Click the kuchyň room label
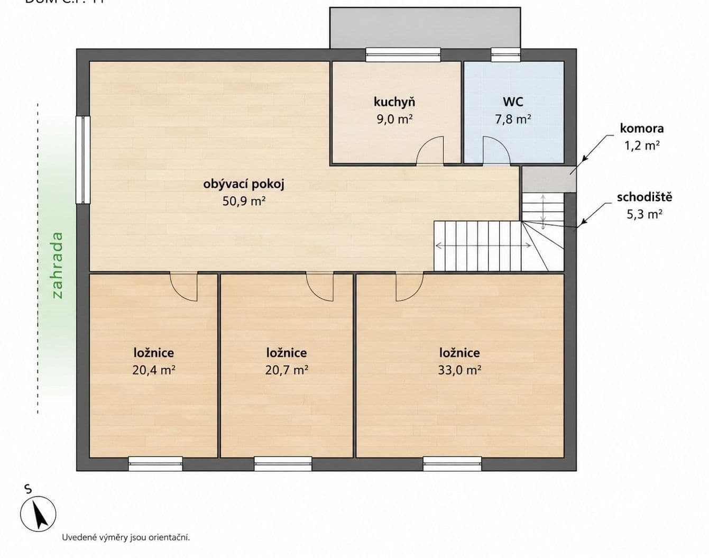[x=394, y=102]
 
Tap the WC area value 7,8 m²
[x=512, y=119]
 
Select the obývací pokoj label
[x=244, y=184]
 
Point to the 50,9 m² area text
[x=244, y=201]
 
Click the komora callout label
[x=641, y=128]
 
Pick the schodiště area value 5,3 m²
[x=644, y=214]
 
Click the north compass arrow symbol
[x=38, y=514]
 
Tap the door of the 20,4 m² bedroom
[x=184, y=287]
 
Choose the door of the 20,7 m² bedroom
[x=320, y=287]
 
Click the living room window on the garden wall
[x=83, y=160]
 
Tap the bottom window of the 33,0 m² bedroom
[x=452, y=464]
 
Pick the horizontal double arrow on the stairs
[x=483, y=245]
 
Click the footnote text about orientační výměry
[x=126, y=537]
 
